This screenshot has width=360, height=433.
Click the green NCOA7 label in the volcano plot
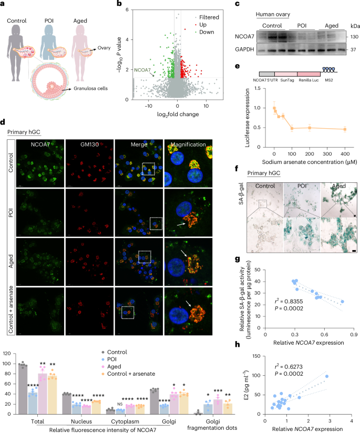[x=142, y=70]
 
